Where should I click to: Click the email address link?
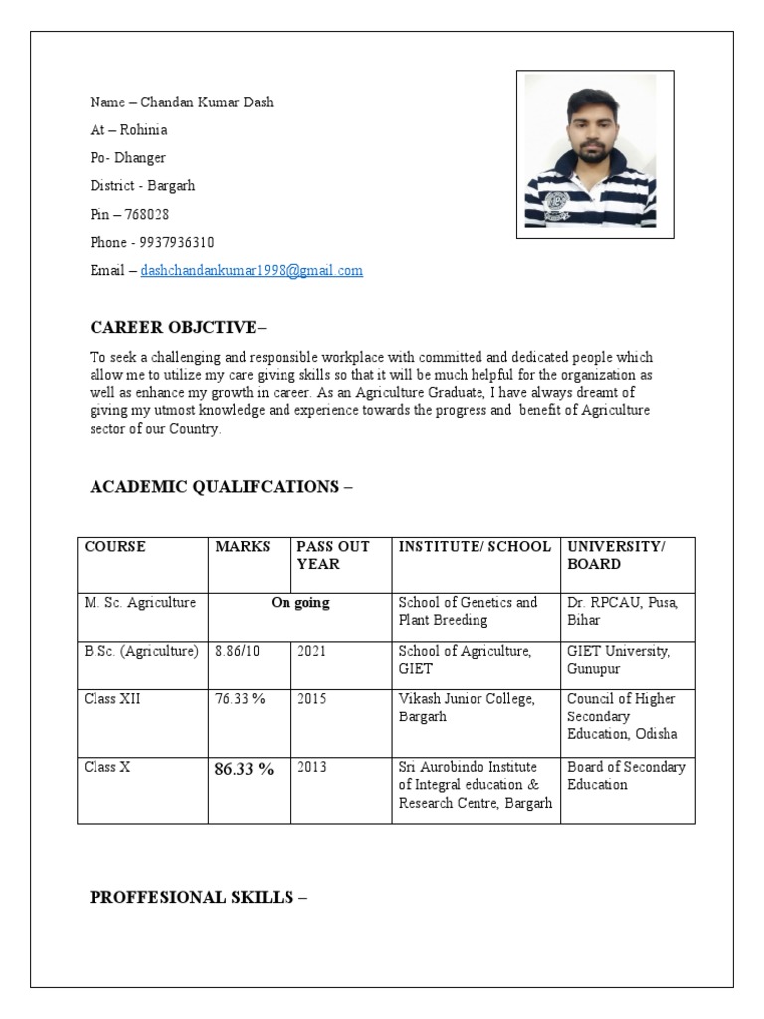click(252, 270)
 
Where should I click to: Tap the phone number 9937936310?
click(173, 242)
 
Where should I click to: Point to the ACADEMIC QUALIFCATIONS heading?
click(220, 487)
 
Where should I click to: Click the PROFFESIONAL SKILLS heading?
click(198, 897)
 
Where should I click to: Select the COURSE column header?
click(114, 547)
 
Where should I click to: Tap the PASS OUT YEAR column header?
click(333, 555)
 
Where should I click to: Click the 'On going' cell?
click(299, 603)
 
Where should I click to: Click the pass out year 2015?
click(311, 699)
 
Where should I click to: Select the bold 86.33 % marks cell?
click(244, 768)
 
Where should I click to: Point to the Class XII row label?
click(112, 699)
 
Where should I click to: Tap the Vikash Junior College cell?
click(467, 707)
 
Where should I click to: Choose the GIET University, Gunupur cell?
click(619, 659)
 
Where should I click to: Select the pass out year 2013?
click(311, 767)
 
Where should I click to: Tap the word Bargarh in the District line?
click(171, 186)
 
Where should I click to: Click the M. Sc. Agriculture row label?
click(140, 603)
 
